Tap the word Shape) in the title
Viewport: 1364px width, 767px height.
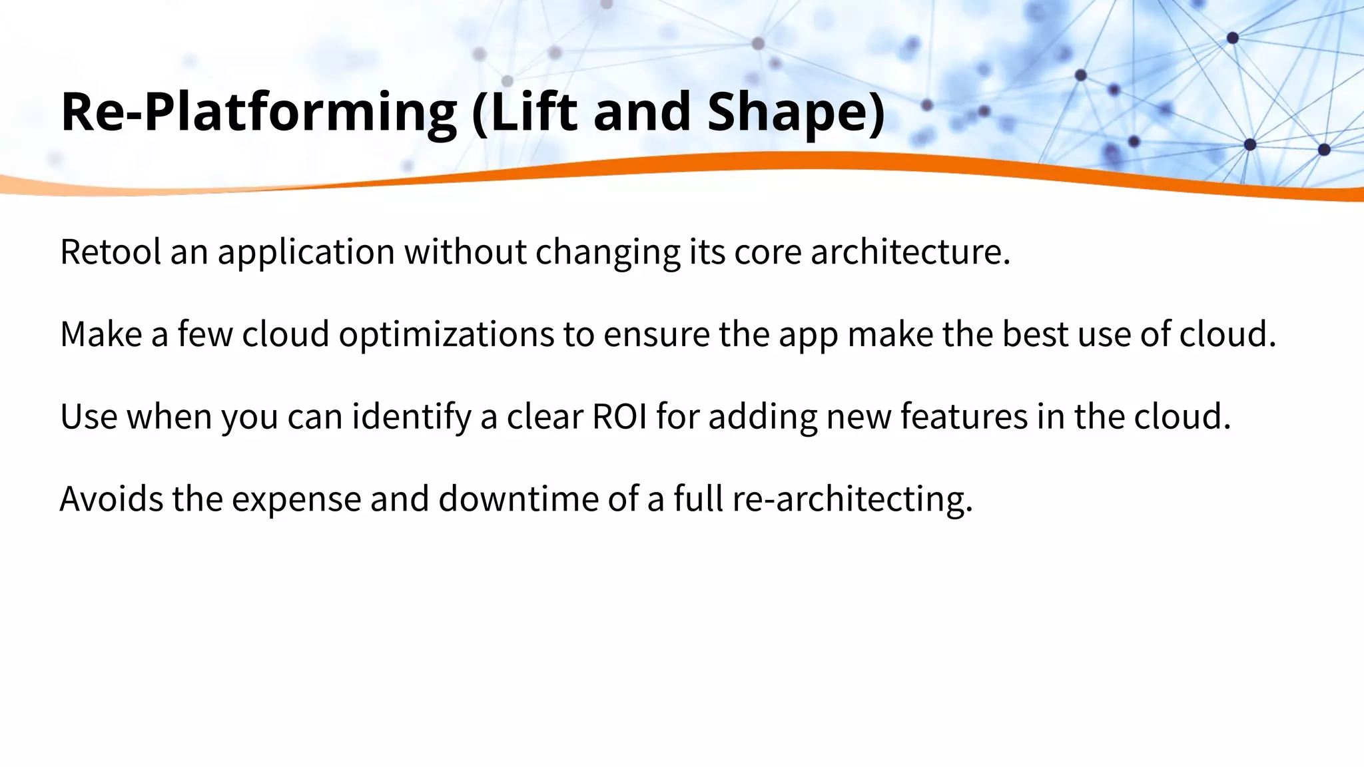click(x=796, y=111)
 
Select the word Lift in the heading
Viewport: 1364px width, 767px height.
click(x=525, y=111)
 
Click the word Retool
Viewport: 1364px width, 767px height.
click(x=111, y=252)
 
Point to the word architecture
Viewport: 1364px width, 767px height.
click(x=910, y=252)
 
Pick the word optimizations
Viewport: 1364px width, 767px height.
click(x=446, y=334)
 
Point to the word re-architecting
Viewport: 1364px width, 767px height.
click(x=852, y=499)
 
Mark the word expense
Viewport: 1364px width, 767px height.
click(x=296, y=499)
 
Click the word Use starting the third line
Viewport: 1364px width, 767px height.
click(x=89, y=417)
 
